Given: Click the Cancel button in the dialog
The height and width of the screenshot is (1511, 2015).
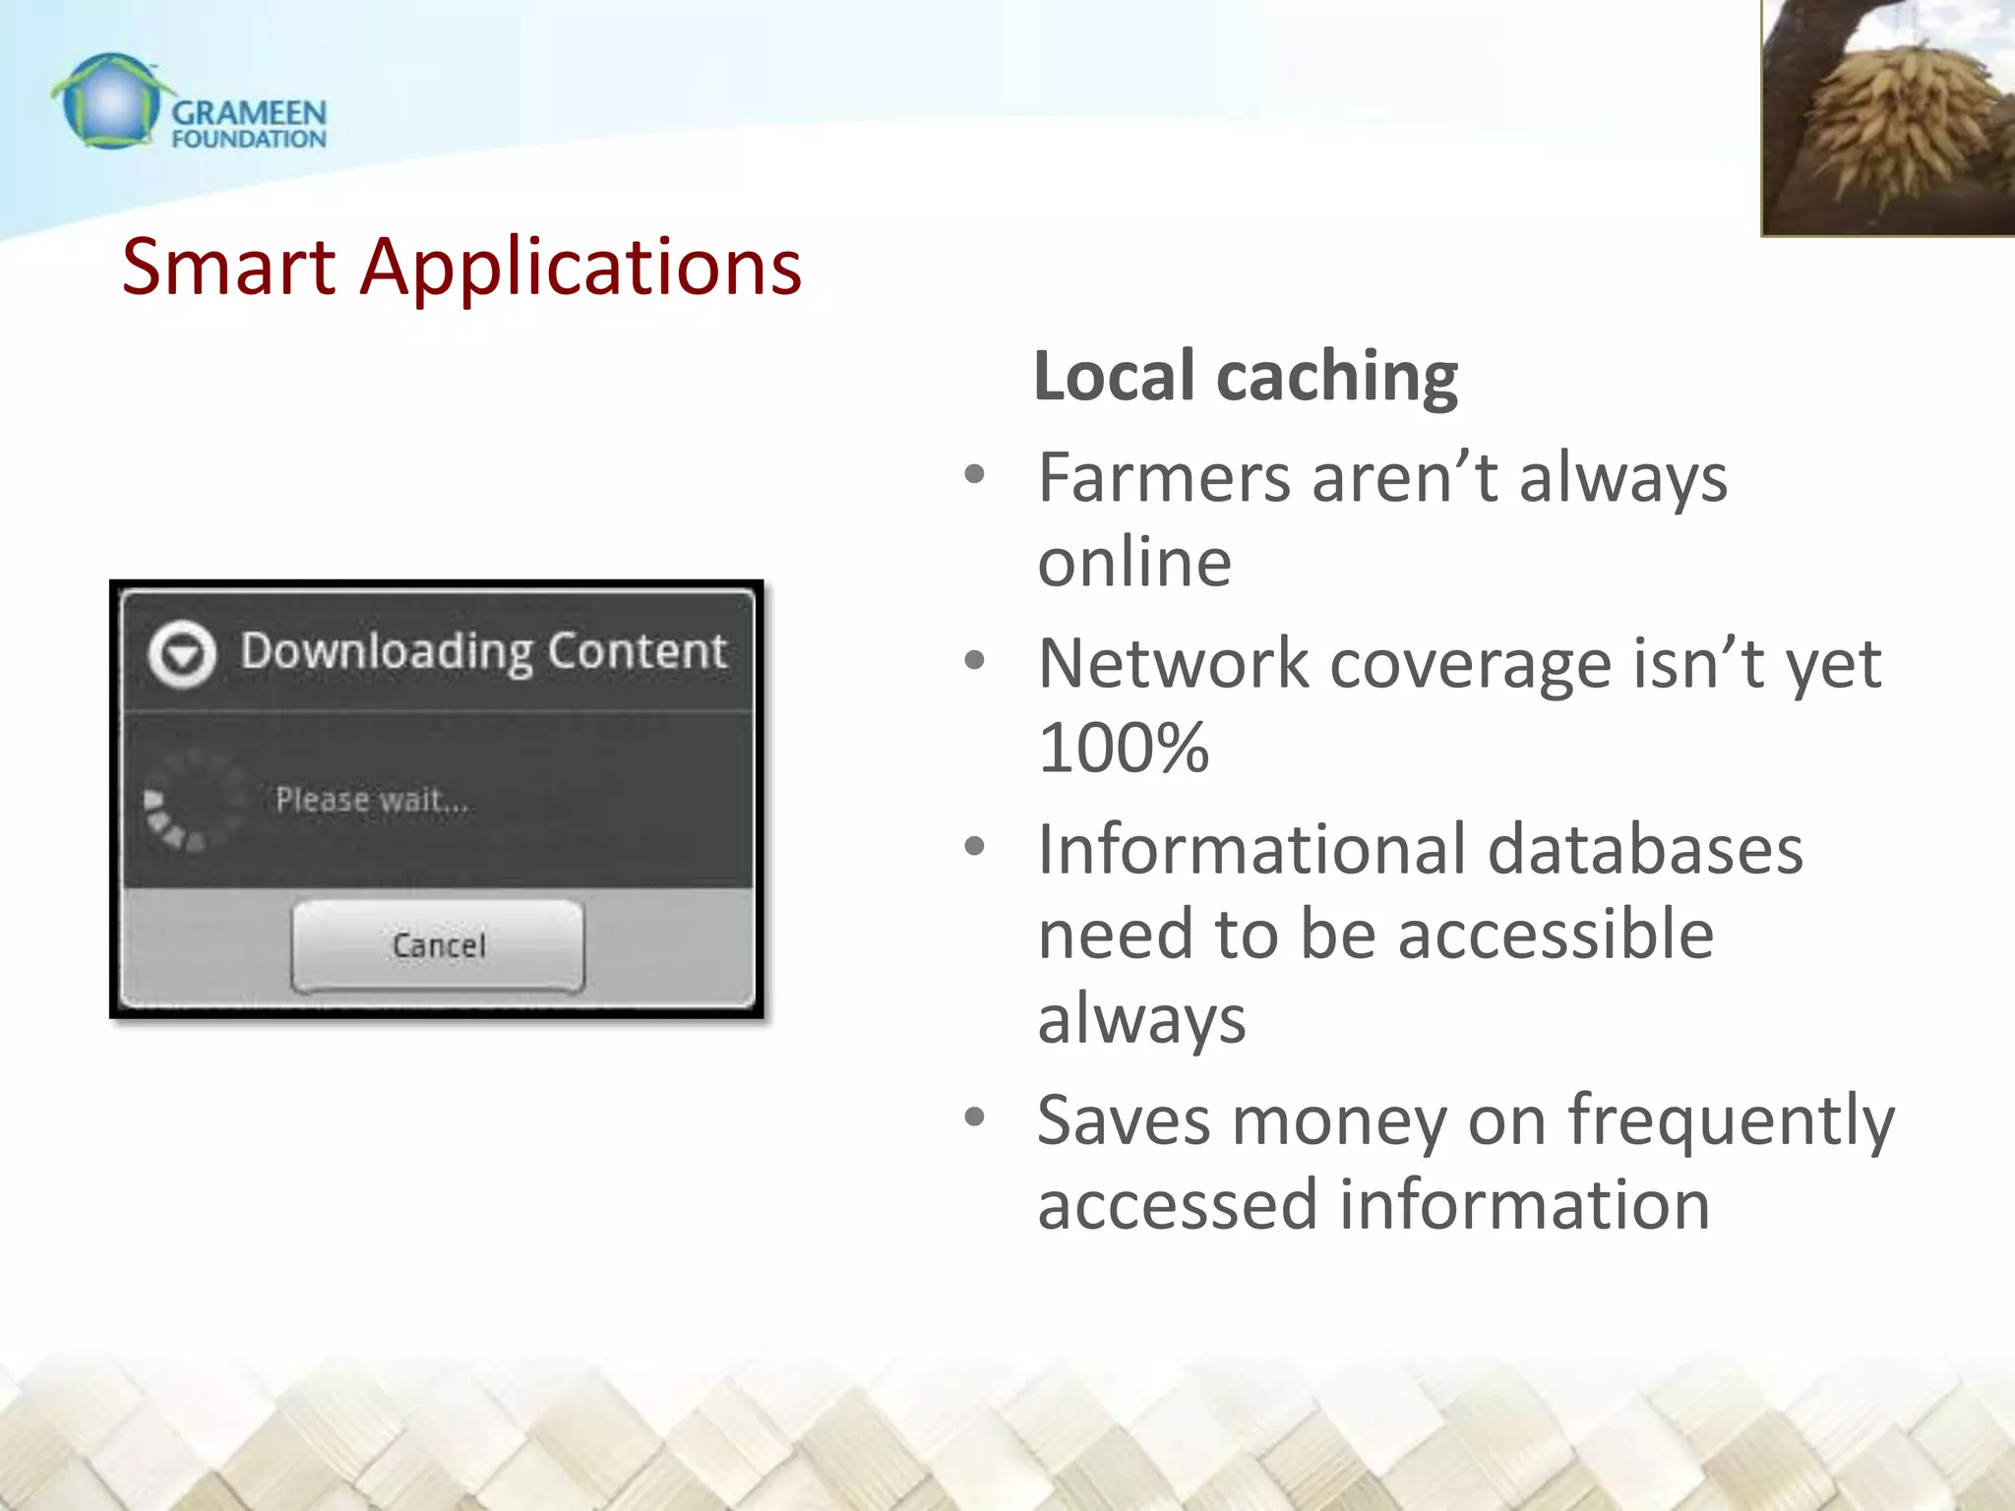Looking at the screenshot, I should tap(438, 945).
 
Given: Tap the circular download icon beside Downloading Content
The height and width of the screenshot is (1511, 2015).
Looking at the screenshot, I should tap(182, 654).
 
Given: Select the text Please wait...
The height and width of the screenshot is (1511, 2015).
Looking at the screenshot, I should tap(372, 800).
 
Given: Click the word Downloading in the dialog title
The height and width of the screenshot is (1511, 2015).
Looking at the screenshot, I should tap(387, 652).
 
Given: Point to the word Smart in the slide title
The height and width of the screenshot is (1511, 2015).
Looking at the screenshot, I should tap(228, 268).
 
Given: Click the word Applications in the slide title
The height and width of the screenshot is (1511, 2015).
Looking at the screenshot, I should tap(580, 268).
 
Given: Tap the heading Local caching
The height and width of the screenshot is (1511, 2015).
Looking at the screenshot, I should tap(1246, 377).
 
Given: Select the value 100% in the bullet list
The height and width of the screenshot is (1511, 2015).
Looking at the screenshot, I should tap(1123, 748).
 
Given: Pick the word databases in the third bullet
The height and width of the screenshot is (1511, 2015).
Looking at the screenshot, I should tap(1644, 850).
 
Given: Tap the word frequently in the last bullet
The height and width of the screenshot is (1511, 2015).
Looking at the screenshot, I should tap(1731, 1121).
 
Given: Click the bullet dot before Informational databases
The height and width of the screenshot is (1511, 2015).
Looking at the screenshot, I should tap(974, 847).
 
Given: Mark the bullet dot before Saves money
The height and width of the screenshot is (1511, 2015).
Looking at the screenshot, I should tap(974, 1117).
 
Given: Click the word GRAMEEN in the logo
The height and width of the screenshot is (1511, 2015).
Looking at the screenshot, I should tap(249, 113).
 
